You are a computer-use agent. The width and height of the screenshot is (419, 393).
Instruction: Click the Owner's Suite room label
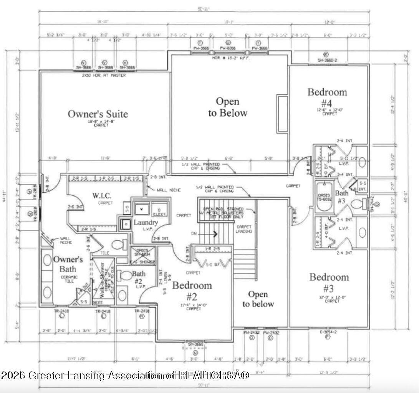coord(98,114)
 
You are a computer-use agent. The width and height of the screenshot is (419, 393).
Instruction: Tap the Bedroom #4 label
coord(327,97)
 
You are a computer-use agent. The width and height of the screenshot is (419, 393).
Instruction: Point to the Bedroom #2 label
coord(192,291)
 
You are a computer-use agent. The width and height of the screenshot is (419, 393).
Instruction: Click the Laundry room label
coord(145,223)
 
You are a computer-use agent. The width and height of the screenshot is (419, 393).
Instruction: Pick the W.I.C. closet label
coord(102,195)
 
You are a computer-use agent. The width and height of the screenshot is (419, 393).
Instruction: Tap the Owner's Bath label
coord(68,264)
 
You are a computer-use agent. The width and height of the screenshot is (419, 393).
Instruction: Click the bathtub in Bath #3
coord(325,197)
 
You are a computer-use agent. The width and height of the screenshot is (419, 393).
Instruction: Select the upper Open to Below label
coord(227,107)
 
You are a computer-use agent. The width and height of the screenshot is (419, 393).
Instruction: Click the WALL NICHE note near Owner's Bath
coord(65,241)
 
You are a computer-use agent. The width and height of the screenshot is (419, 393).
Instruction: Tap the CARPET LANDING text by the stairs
coord(244,229)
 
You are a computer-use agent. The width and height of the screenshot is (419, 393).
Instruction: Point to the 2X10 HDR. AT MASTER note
coord(104,75)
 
